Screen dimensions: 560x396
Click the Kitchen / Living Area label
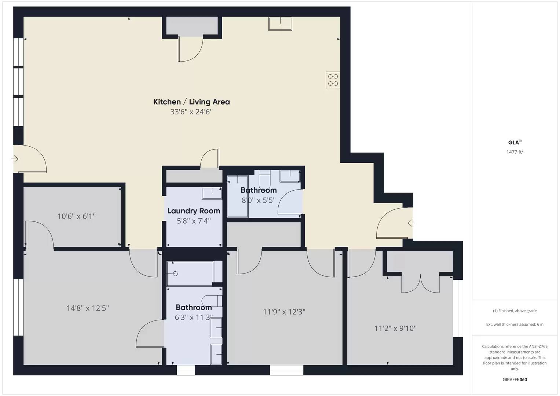coord(191,102)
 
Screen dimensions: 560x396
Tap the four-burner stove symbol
coord(333,80)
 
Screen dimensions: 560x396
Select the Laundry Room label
coord(194,211)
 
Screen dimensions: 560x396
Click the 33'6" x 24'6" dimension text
coord(191,112)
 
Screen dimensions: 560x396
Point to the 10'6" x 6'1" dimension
coord(77,216)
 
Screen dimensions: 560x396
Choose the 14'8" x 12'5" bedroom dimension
coord(88,308)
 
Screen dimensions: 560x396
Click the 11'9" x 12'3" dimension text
coord(284,312)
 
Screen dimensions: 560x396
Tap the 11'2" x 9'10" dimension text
coord(395,328)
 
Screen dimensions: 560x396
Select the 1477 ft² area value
coord(515,152)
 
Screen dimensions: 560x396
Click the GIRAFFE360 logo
coord(515,379)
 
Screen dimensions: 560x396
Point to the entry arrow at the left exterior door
coord(15,159)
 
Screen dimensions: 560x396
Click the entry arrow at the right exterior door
coord(411,223)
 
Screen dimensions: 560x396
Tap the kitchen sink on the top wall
coord(280,24)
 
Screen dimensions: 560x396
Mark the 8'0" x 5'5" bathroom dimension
coord(259,200)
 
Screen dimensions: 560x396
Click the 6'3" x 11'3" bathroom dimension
coord(194,318)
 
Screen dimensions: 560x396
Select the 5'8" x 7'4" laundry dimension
coord(194,221)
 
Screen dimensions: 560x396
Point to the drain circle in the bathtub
coord(175,274)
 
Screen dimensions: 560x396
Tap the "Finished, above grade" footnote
coord(515,311)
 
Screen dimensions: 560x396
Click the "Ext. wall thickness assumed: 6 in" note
coord(515,324)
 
